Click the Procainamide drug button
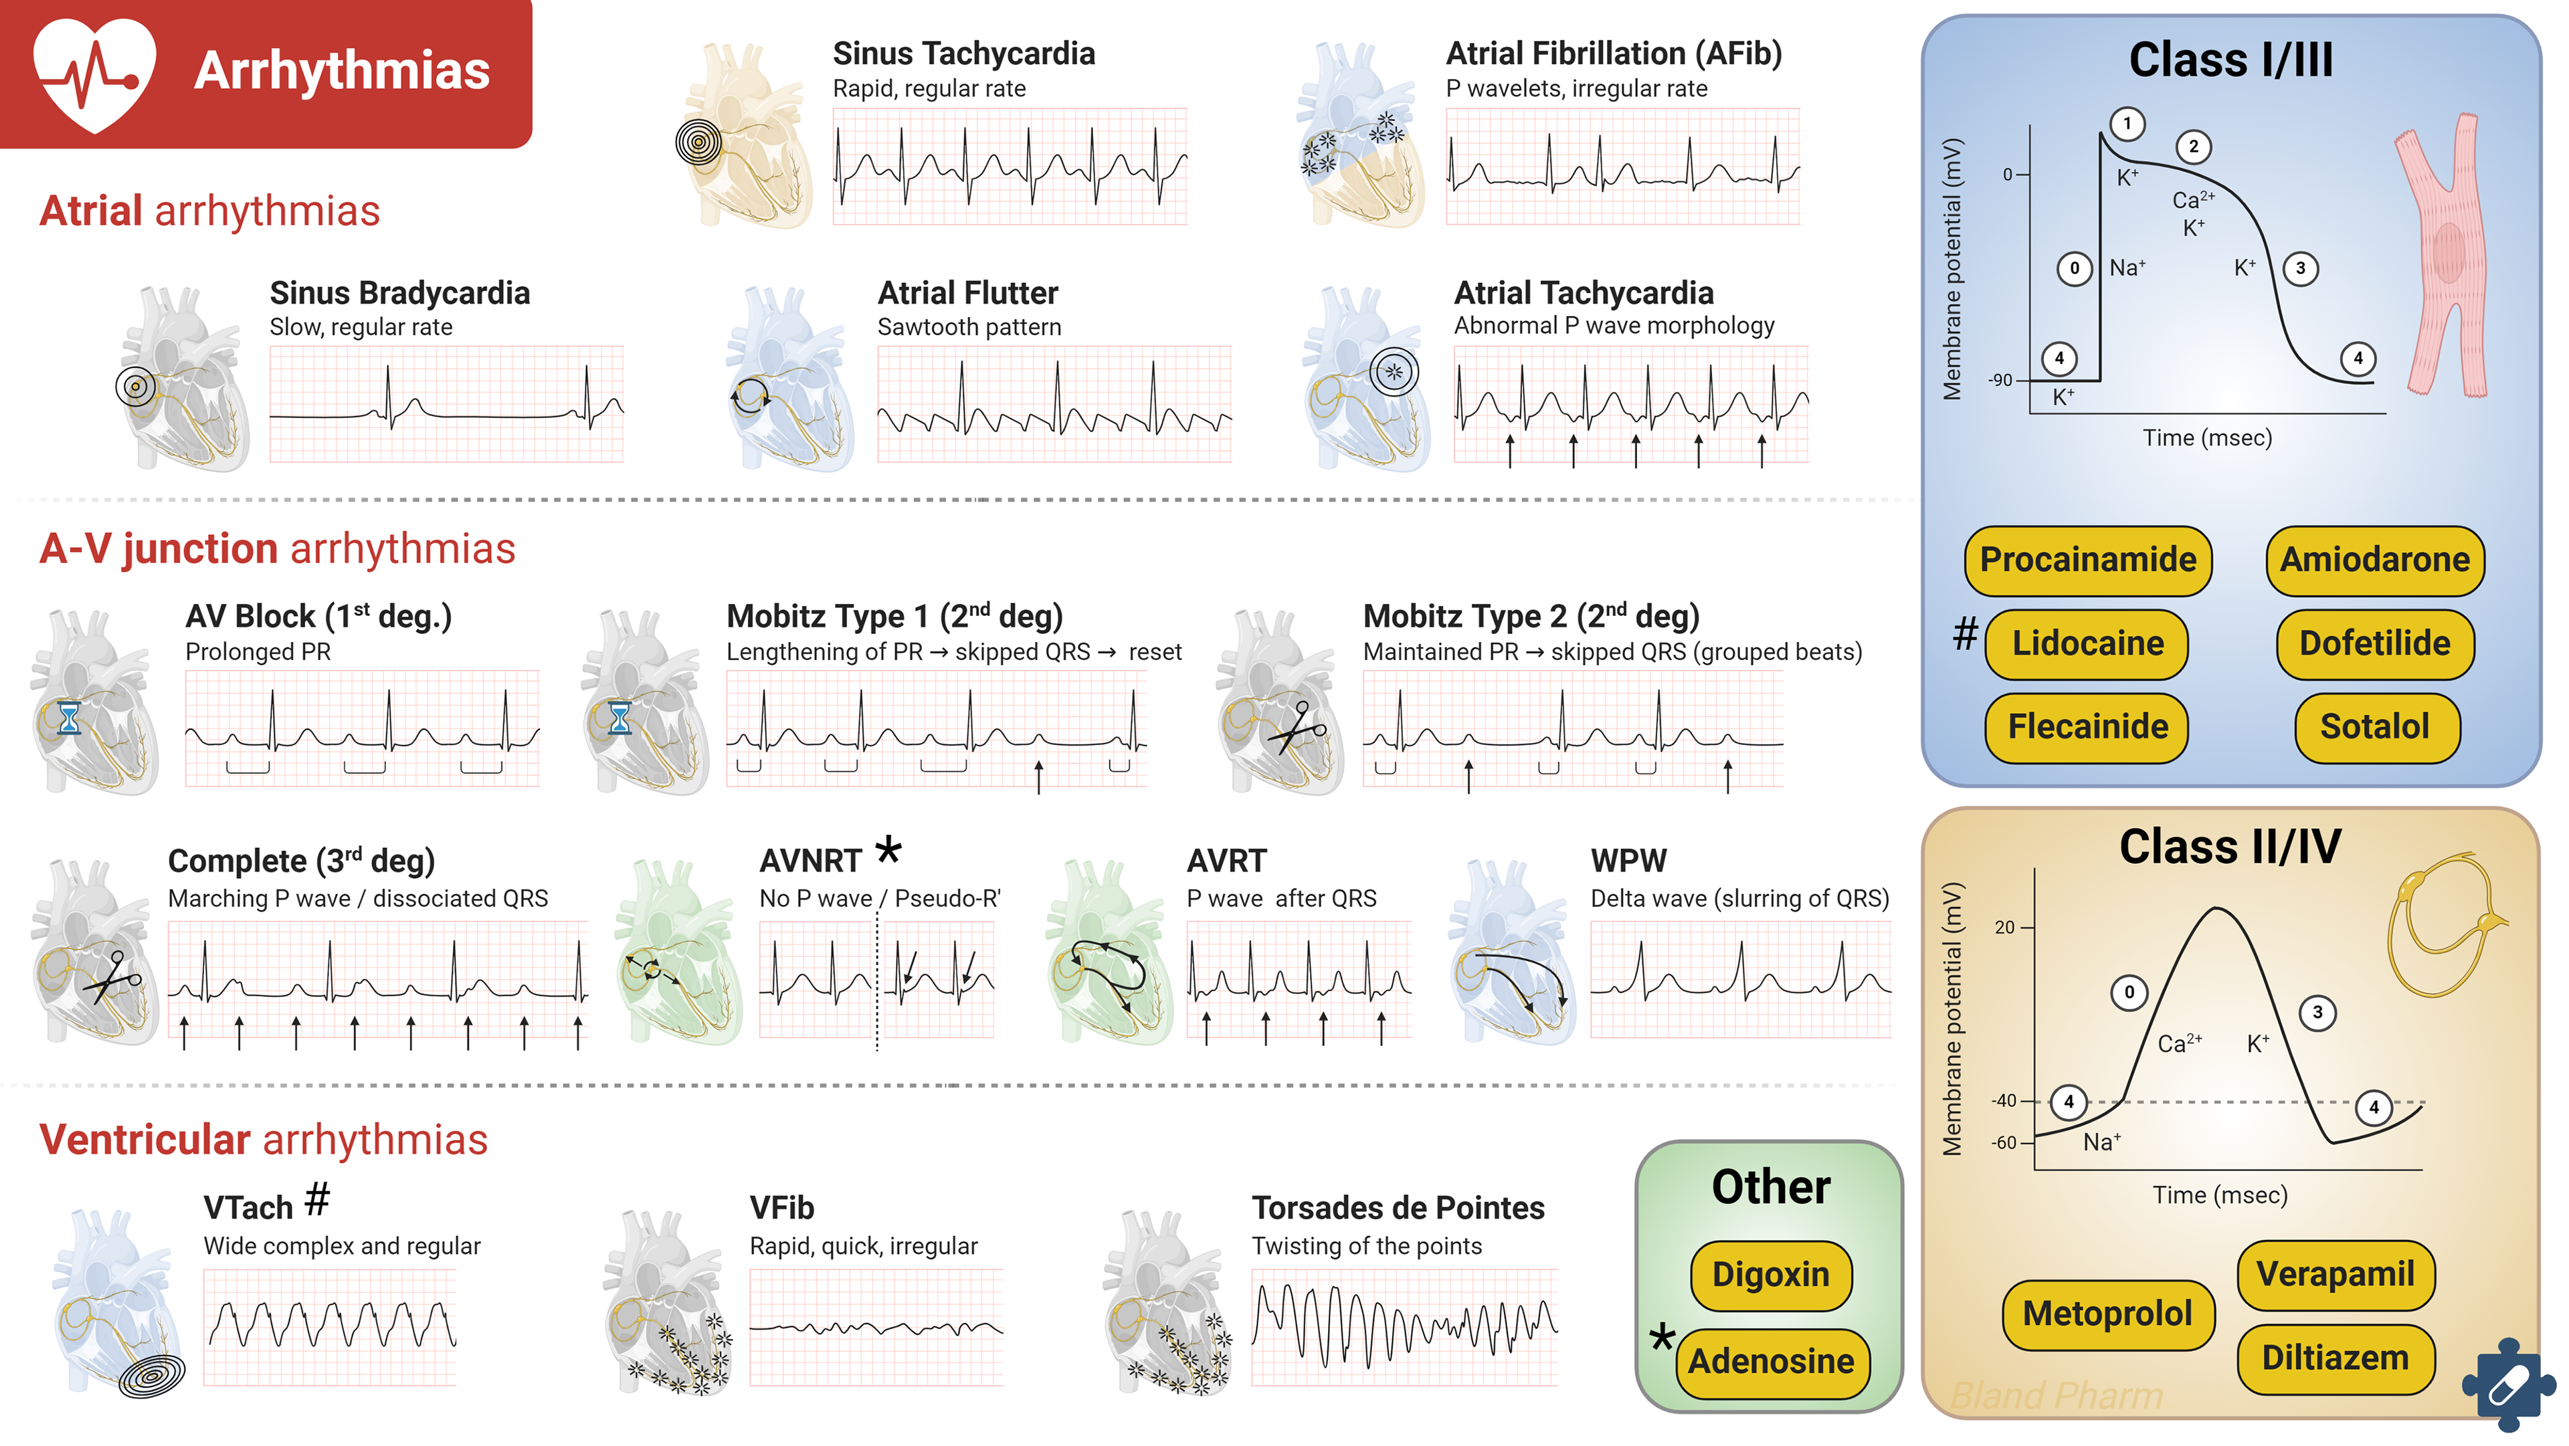point(2087,559)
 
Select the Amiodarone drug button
point(2374,559)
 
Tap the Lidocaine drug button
point(2087,643)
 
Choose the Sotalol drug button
point(2374,727)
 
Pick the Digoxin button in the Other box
point(1770,1275)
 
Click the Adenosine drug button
point(1771,1360)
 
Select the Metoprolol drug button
point(2107,1314)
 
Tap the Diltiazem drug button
point(2335,1358)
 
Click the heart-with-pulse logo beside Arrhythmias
point(95,72)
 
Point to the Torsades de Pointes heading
point(1397,1208)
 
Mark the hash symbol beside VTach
point(317,1200)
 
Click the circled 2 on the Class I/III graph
point(2193,146)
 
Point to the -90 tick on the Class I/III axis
point(2000,380)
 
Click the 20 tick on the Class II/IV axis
point(2004,928)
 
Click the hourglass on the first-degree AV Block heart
point(69,718)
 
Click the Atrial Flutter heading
point(967,293)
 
